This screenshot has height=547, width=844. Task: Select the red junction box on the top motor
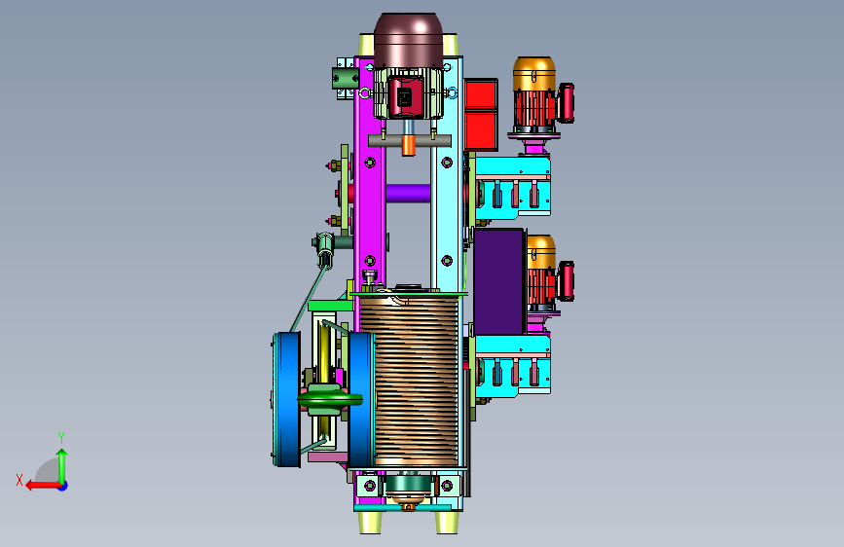(x=405, y=97)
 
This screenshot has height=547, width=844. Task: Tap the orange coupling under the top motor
(x=409, y=145)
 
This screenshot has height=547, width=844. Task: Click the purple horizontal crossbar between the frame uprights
(x=408, y=193)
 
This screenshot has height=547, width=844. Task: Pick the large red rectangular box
(x=481, y=114)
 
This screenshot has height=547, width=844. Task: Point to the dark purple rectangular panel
(x=499, y=281)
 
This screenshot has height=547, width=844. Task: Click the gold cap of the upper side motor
(x=534, y=74)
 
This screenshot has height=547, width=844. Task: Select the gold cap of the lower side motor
(x=540, y=252)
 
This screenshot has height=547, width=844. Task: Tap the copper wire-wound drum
(x=409, y=382)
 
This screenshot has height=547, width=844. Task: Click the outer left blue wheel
(x=287, y=399)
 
